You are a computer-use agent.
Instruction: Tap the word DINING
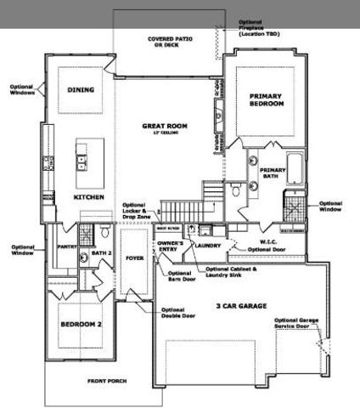[81, 89]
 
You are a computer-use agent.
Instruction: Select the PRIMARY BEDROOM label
[265, 99]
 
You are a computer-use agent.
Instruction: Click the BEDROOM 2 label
[81, 324]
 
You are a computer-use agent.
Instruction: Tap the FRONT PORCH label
[108, 381]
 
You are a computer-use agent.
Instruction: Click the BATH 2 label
[102, 252]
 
